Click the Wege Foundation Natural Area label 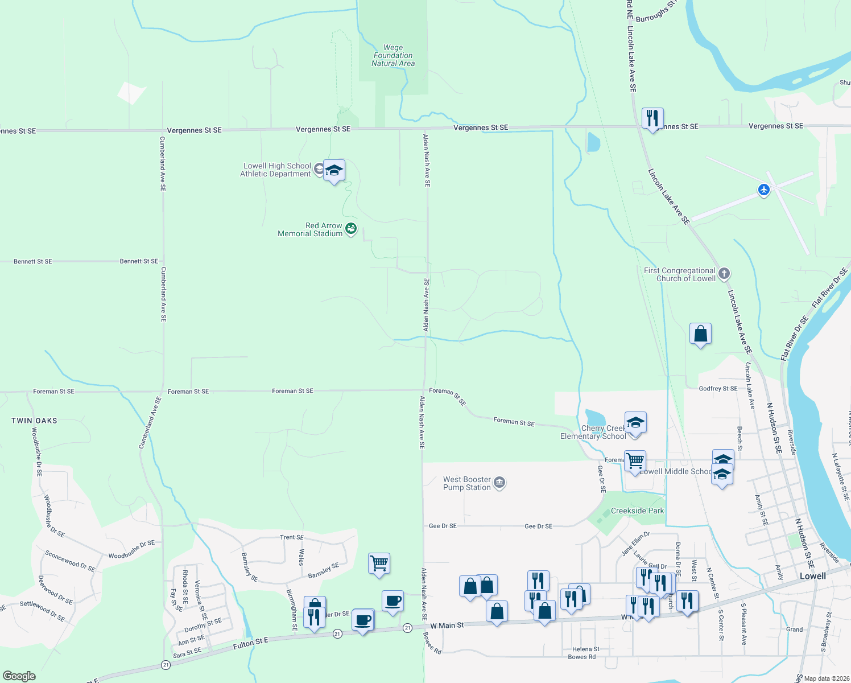tap(393, 56)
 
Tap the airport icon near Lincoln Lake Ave tap(764, 190)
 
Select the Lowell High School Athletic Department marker tap(334, 170)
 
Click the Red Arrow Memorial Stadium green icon tap(351, 229)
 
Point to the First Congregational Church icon tap(724, 274)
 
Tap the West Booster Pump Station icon tap(499, 483)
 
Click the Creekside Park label tap(637, 511)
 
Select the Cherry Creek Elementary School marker tap(635, 423)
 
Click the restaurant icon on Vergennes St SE tap(652, 118)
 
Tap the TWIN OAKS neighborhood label tap(35, 421)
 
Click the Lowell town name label tap(812, 576)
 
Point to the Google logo tap(19, 676)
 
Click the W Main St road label tap(447, 626)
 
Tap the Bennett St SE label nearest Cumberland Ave tap(139, 261)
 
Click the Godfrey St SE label tap(718, 389)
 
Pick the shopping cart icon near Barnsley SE tap(379, 563)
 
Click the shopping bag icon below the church tap(700, 334)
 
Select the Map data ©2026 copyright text tap(825, 678)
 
